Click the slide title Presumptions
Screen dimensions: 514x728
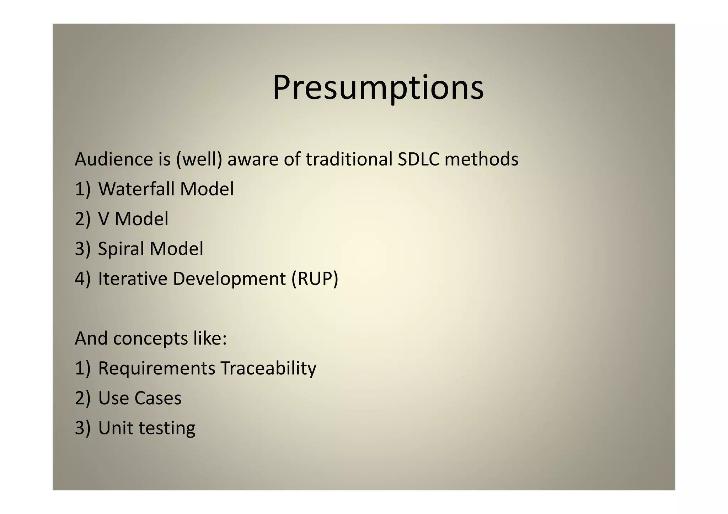click(x=378, y=88)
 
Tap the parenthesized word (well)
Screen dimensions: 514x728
click(x=199, y=159)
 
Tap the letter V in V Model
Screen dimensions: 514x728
click(x=103, y=219)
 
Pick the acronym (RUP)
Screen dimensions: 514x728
click(x=315, y=278)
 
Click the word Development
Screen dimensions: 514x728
click(x=229, y=278)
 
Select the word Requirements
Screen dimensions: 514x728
click(x=156, y=368)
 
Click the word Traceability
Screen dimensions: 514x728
click(x=268, y=368)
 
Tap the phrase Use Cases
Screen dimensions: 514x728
click(x=140, y=398)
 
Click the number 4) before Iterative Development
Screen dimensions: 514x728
click(x=82, y=278)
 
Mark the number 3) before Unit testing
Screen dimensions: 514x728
click(x=82, y=428)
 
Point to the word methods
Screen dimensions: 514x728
click(x=481, y=159)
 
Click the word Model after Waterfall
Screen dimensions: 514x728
click(x=207, y=189)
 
